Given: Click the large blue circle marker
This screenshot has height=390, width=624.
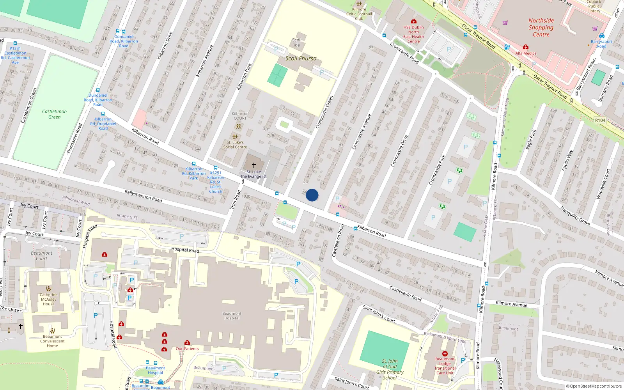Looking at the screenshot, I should pyautogui.click(x=312, y=195).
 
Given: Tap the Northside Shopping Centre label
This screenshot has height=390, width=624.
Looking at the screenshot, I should pyautogui.click(x=541, y=27).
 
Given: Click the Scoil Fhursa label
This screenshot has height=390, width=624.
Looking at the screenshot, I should pyautogui.click(x=301, y=58).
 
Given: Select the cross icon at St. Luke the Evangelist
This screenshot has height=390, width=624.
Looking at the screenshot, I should pyautogui.click(x=254, y=165).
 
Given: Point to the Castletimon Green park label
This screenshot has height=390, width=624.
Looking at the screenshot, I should pyautogui.click(x=54, y=114).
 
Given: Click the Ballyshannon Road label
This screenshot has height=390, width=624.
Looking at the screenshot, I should pyautogui.click(x=143, y=196).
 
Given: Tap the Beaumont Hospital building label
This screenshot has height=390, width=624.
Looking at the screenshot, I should pyautogui.click(x=232, y=316).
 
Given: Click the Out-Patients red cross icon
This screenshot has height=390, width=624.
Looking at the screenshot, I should pyautogui.click(x=187, y=342).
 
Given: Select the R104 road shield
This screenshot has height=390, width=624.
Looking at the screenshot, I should pyautogui.click(x=600, y=120).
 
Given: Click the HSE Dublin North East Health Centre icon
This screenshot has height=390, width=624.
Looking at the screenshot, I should pyautogui.click(x=413, y=21).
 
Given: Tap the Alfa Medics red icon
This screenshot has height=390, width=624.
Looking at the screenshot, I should pyautogui.click(x=525, y=47).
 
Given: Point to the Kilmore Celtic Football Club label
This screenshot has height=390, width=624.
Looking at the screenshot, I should pyautogui.click(x=359, y=14).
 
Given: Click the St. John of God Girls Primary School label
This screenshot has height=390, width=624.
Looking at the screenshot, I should pyautogui.click(x=390, y=369).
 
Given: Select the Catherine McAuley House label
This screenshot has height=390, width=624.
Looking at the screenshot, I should pyautogui.click(x=49, y=299).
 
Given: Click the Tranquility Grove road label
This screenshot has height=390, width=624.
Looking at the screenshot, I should pyautogui.click(x=575, y=216).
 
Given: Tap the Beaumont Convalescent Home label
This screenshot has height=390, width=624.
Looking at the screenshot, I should pyautogui.click(x=52, y=341).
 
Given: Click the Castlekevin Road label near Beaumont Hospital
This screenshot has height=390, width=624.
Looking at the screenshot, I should pyautogui.click(x=405, y=293).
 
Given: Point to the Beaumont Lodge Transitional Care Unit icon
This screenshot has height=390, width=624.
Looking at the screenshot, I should pyautogui.click(x=445, y=354).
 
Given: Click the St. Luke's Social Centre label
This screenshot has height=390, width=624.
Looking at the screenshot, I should pyautogui.click(x=235, y=145).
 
